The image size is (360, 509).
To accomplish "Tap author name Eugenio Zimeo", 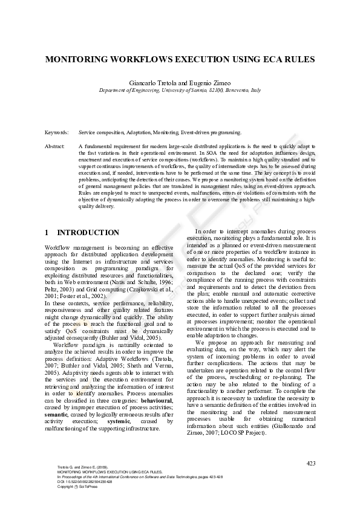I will click(x=205, y=82).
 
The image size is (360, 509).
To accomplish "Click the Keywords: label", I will click(x=56, y=132).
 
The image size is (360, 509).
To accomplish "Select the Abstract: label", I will click(x=55, y=147).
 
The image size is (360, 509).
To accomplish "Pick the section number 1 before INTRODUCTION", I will click(x=47, y=233).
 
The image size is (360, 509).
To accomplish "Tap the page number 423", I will click(x=310, y=463).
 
